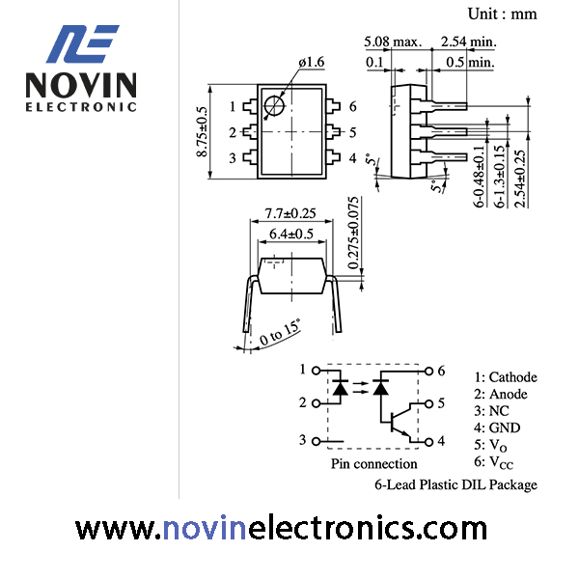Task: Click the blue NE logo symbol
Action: pos(82,43)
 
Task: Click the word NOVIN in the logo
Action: pos(81,85)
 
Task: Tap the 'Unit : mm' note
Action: pos(502,14)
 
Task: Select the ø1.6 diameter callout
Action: pos(312,62)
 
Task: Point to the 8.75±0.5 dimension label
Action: pos(203,132)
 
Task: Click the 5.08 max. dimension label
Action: pos(393,41)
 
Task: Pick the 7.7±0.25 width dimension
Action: pos(290,213)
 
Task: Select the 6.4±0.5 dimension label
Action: pos(291,234)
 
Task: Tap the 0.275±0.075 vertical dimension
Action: pos(353,233)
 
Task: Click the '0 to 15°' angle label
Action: pos(280,332)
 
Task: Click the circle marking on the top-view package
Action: pos(275,106)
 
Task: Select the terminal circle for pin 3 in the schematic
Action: pos(317,441)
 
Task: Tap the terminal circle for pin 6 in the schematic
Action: pos(428,372)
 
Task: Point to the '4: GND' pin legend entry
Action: pos(497,427)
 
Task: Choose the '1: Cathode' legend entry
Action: pos(506,377)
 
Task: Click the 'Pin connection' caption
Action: pos(373,464)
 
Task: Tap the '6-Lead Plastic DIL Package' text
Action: pos(455,484)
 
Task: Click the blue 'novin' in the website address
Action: pos(205,528)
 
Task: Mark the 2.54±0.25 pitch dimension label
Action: pos(520,179)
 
